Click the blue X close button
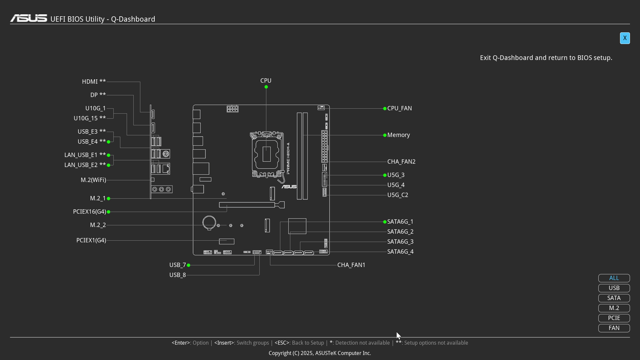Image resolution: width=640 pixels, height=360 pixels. pyautogui.click(x=625, y=38)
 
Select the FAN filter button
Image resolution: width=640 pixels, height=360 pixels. pyautogui.click(x=614, y=328)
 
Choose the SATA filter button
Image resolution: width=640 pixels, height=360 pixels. pyautogui.click(x=614, y=298)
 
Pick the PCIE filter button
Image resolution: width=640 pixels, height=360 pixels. pyautogui.click(x=614, y=318)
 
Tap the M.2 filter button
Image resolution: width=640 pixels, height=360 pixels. pyautogui.click(x=614, y=308)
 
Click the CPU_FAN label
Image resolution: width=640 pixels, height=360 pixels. pyautogui.click(x=399, y=108)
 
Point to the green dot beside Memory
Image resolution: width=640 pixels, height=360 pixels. pyautogui.click(x=385, y=135)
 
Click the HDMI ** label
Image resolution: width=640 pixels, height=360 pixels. pyautogui.click(x=94, y=82)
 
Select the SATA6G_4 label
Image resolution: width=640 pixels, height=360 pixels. pyautogui.click(x=400, y=252)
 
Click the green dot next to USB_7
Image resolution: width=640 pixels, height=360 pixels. pyautogui.click(x=188, y=265)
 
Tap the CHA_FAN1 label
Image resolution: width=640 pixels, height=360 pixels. pyautogui.click(x=351, y=265)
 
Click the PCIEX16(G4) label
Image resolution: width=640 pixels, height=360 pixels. pyautogui.click(x=89, y=212)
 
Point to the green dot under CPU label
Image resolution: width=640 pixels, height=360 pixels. pyautogui.click(x=266, y=87)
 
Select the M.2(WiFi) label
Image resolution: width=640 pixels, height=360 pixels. pyautogui.click(x=93, y=180)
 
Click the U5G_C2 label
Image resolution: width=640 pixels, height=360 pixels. pyautogui.click(x=398, y=195)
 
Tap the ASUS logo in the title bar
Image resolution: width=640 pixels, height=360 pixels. pyautogui.click(x=29, y=18)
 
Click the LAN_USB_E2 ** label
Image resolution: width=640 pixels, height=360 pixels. pyautogui.click(x=85, y=165)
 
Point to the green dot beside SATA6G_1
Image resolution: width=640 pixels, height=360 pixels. pyautogui.click(x=385, y=222)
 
